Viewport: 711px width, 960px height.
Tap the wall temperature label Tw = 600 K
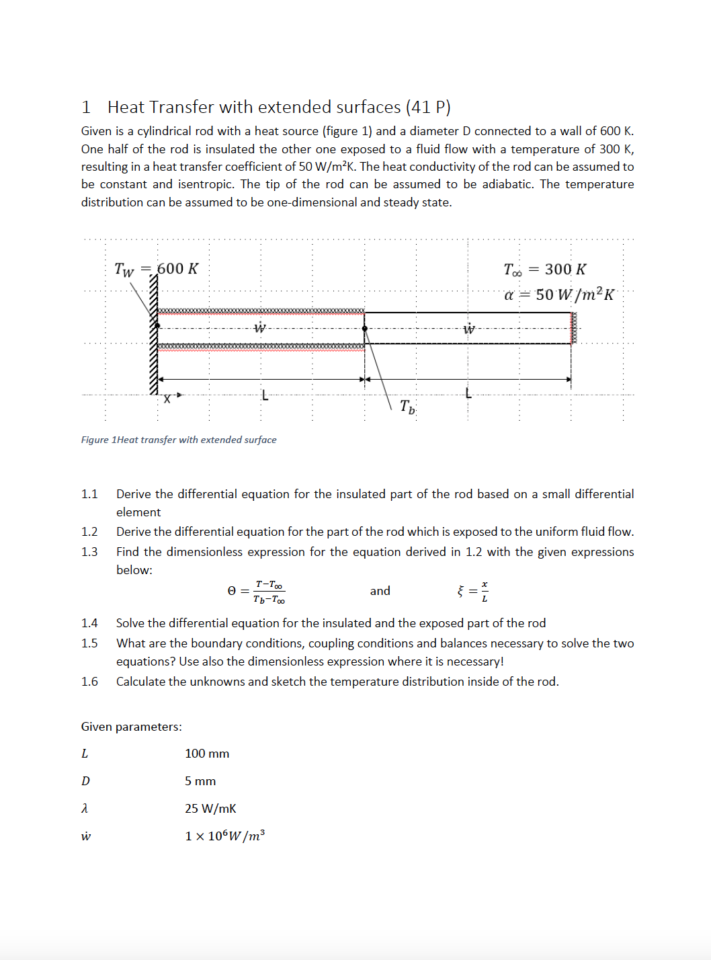pyautogui.click(x=156, y=269)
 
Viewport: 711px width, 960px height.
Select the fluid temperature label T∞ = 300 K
pyautogui.click(x=544, y=270)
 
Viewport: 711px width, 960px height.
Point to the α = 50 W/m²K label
pyautogui.click(x=558, y=294)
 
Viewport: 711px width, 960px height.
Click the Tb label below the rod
pyautogui.click(x=407, y=406)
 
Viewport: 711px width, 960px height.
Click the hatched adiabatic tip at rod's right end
pyautogui.click(x=574, y=329)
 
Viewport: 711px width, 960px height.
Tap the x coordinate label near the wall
pyautogui.click(x=167, y=399)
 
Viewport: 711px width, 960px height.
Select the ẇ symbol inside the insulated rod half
pyautogui.click(x=260, y=328)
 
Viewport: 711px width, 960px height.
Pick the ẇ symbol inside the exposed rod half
pyautogui.click(x=469, y=329)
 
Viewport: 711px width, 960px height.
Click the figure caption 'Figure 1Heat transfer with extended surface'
pyautogui.click(x=179, y=440)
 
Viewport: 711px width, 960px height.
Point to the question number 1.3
pyautogui.click(x=89, y=552)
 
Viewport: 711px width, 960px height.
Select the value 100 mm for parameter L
pyautogui.click(x=207, y=754)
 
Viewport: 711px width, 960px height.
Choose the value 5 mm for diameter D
pyautogui.click(x=200, y=781)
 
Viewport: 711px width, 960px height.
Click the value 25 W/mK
pyautogui.click(x=210, y=809)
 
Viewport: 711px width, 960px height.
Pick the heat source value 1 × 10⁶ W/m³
pyautogui.click(x=224, y=836)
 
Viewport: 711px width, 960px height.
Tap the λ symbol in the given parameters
pyautogui.click(x=85, y=809)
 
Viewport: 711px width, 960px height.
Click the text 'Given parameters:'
pyautogui.click(x=132, y=727)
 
